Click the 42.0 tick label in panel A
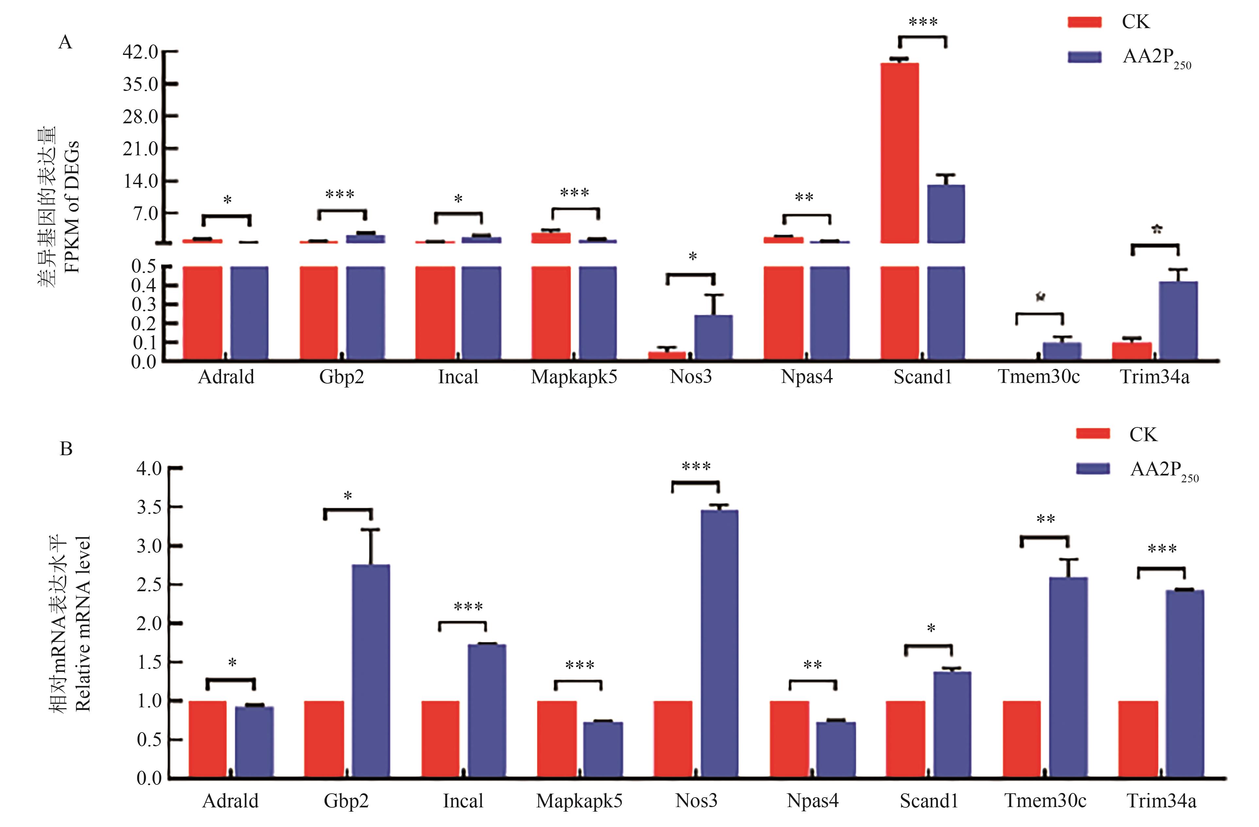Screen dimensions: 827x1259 point(140,52)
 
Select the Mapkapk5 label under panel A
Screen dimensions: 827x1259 point(574,377)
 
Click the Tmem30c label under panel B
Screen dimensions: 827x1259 point(1045,801)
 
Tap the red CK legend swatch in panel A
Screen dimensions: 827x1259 point(1084,22)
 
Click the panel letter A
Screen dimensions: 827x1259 point(65,42)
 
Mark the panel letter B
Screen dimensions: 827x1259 point(66,449)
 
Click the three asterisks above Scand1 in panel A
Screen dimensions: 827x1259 point(923,22)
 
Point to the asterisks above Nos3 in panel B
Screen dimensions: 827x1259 point(696,467)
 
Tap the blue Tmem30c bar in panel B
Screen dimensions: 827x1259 point(1069,677)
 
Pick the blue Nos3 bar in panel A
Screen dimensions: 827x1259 point(714,337)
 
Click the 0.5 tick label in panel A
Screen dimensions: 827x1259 point(143,266)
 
